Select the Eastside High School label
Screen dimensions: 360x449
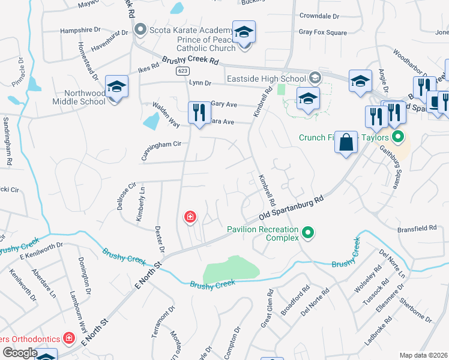pyautogui.click(x=267, y=78)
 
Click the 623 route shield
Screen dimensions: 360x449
pyautogui.click(x=182, y=71)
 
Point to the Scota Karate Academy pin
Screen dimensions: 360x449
pyautogui.click(x=141, y=29)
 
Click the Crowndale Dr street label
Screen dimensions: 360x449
pyautogui.click(x=319, y=16)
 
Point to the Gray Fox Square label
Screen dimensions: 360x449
pyautogui.click(x=322, y=32)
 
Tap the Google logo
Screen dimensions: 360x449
pyautogui.click(x=20, y=352)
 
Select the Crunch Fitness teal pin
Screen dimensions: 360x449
pyautogui.click(x=396, y=137)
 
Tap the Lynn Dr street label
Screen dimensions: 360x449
pyautogui.click(x=200, y=83)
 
